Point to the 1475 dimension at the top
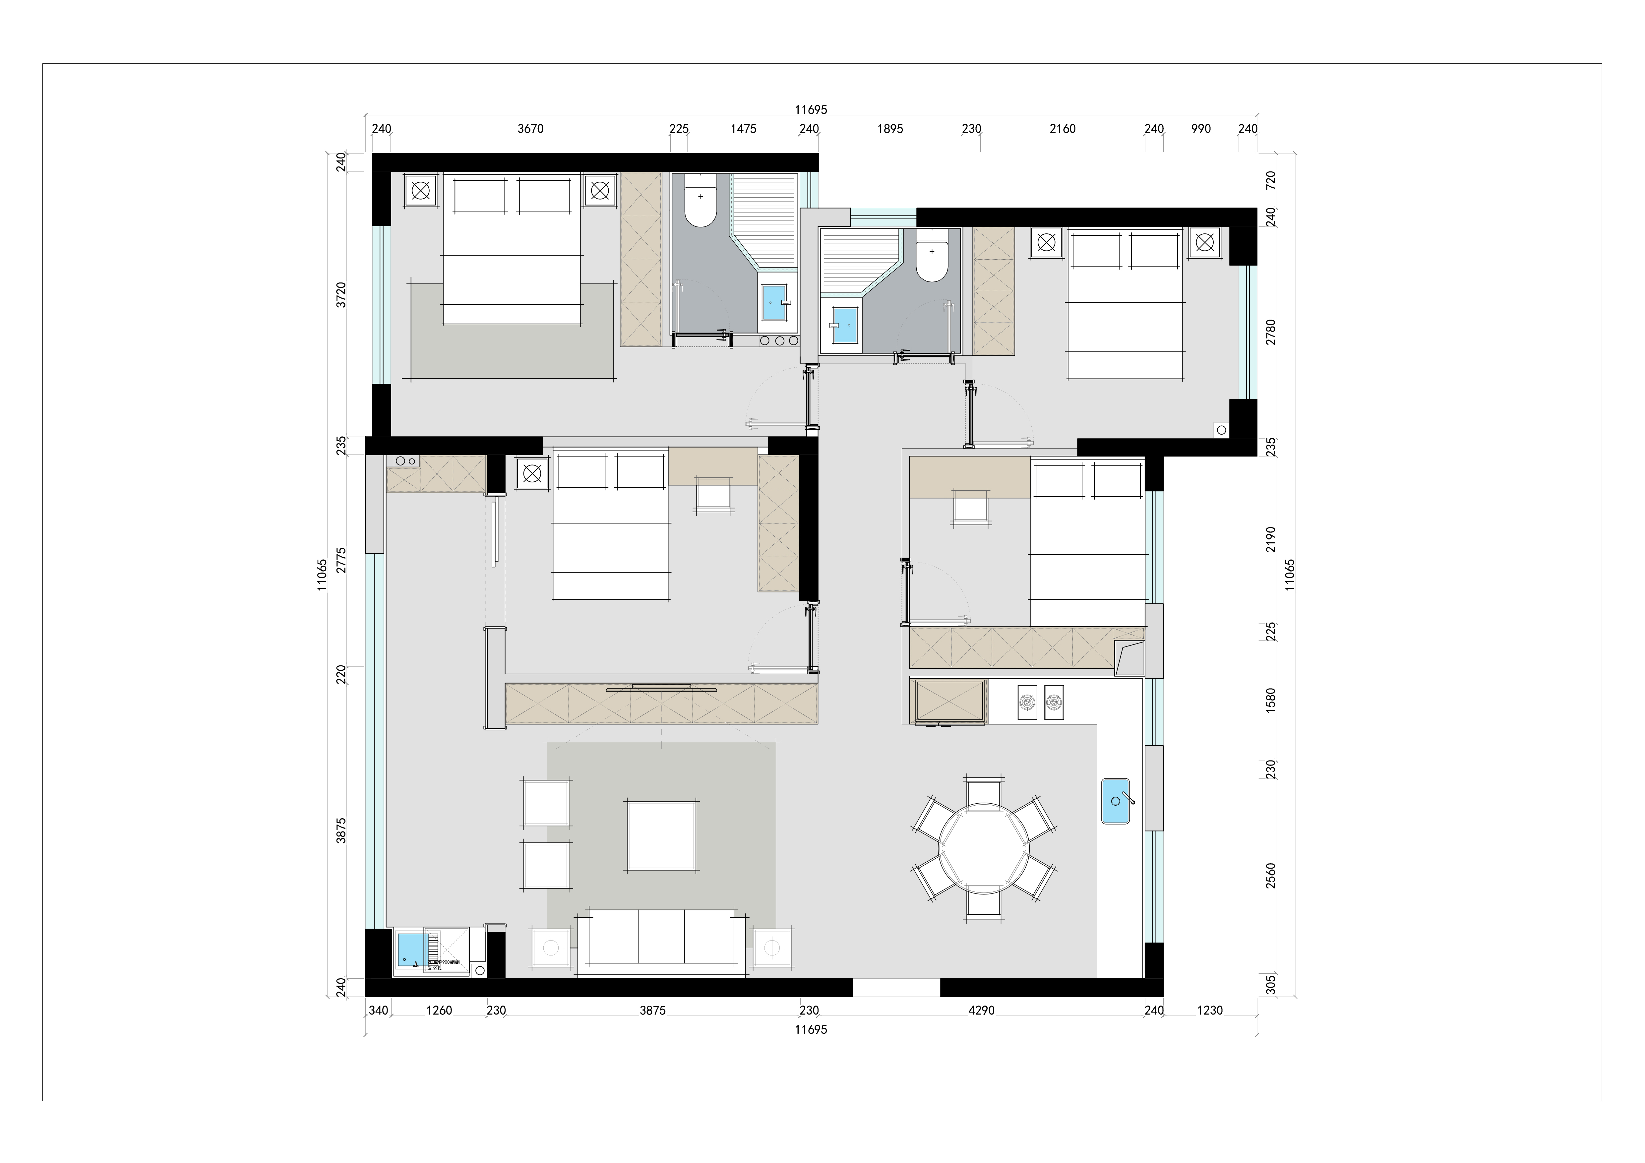point(743,129)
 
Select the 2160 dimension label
point(1063,129)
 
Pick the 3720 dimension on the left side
point(342,294)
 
